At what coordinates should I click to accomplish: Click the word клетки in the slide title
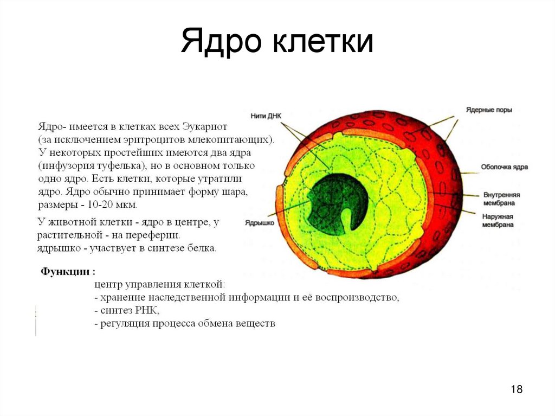point(323,42)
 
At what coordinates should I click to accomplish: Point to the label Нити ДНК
point(267,116)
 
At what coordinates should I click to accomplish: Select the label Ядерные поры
point(489,110)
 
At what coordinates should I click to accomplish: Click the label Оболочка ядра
point(504,167)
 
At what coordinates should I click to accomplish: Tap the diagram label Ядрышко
point(259,222)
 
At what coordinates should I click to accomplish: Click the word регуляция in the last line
point(125,324)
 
